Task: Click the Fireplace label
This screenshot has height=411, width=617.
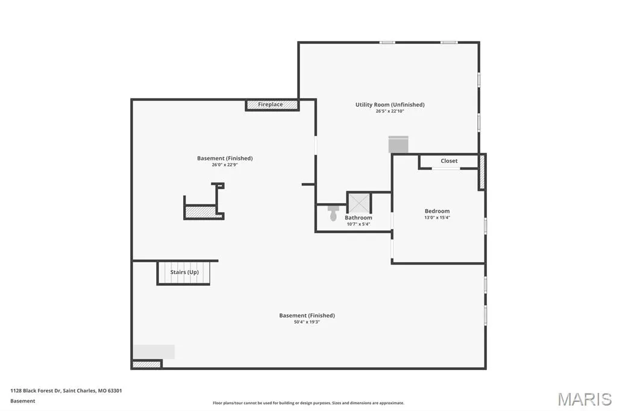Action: pyautogui.click(x=271, y=104)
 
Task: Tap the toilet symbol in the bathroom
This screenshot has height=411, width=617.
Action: pyautogui.click(x=333, y=213)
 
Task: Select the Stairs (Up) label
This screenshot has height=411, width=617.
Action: pyautogui.click(x=184, y=272)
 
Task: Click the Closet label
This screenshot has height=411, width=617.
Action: pyautogui.click(x=449, y=161)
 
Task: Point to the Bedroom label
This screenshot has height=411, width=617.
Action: pyautogui.click(x=437, y=211)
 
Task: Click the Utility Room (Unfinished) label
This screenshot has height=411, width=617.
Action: pyautogui.click(x=390, y=104)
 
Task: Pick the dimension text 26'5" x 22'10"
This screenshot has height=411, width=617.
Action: pyautogui.click(x=390, y=111)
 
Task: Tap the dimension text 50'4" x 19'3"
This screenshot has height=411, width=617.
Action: pyautogui.click(x=307, y=322)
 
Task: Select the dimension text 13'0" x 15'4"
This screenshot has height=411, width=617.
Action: pyautogui.click(x=437, y=218)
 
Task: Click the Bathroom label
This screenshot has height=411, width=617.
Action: pyautogui.click(x=358, y=218)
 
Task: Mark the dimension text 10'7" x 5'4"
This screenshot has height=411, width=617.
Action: pyautogui.click(x=358, y=224)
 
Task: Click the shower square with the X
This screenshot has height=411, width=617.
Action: pyautogui.click(x=359, y=202)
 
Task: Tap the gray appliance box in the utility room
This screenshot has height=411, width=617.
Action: pyautogui.click(x=398, y=144)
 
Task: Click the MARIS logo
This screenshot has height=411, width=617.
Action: pyautogui.click(x=584, y=399)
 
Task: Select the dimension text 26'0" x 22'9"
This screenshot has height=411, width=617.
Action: pyautogui.click(x=225, y=165)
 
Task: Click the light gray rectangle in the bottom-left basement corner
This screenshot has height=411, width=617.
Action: pyautogui.click(x=154, y=351)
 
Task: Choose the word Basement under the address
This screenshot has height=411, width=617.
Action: pyautogui.click(x=23, y=401)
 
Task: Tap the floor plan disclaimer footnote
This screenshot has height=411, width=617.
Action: pyautogui.click(x=308, y=403)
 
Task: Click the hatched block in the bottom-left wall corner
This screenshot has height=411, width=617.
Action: pyautogui.click(x=146, y=365)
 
